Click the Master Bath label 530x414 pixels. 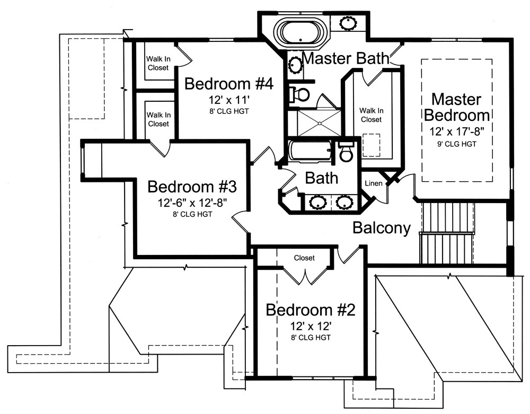346,58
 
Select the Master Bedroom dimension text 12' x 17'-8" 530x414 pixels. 456,130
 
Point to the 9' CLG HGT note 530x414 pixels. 456,143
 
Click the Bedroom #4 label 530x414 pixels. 228,84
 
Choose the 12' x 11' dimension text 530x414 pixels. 228,100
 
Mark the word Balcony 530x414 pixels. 382,228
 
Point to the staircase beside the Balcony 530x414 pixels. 446,233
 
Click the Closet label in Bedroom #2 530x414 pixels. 304,258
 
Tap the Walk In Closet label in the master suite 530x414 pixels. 370,115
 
